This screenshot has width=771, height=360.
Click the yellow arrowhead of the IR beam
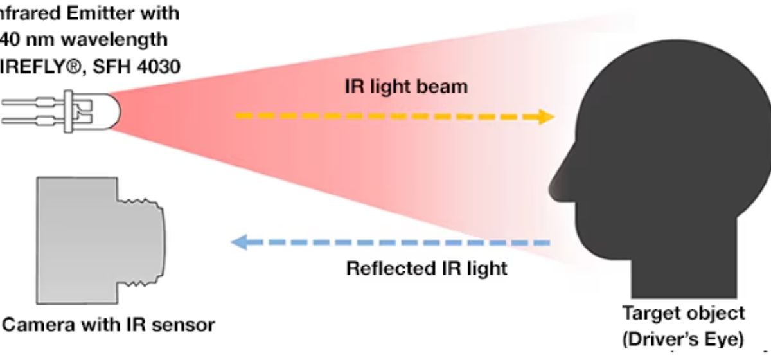pos(546,116)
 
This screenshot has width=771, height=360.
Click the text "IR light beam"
pos(406,86)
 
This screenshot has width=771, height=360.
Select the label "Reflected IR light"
pos(427,267)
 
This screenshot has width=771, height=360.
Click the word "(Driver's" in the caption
pos(663,337)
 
